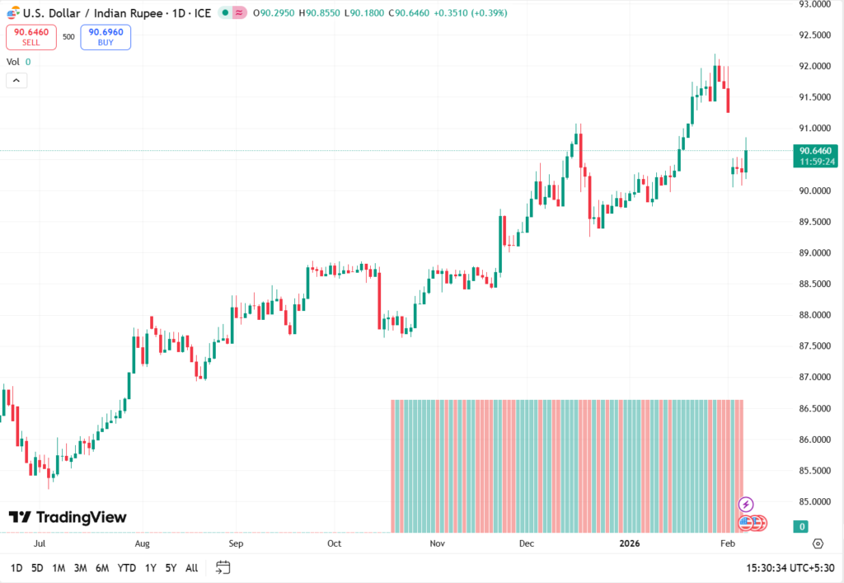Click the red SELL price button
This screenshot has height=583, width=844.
point(31,37)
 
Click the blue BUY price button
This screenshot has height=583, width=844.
point(105,37)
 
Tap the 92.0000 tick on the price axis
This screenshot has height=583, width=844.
point(814,66)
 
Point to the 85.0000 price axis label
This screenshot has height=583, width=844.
point(814,501)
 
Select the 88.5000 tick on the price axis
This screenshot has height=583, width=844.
point(814,284)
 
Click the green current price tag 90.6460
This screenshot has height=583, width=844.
point(815,151)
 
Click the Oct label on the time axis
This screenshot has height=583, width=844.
point(334,544)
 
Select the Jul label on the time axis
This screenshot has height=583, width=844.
point(40,544)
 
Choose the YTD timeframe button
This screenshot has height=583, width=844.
point(127,568)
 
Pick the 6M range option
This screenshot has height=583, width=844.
point(102,568)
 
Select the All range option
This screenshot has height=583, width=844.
point(191,568)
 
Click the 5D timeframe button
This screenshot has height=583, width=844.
point(37,568)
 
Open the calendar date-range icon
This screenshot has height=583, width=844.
point(223,567)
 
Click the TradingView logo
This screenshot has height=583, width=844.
point(68,517)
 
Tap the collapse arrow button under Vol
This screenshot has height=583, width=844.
point(16,80)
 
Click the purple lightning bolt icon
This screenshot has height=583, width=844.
point(746,504)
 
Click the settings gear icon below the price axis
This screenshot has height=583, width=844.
point(818,543)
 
